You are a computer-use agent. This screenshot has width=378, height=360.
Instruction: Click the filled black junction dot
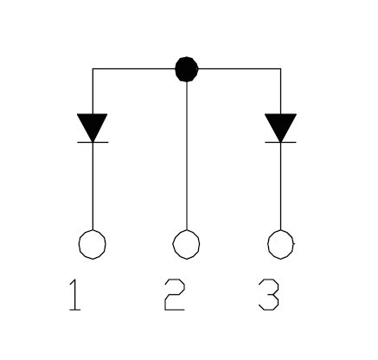187,69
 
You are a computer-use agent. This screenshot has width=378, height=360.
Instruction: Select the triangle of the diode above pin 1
93,126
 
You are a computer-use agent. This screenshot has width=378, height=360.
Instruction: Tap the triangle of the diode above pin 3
280,126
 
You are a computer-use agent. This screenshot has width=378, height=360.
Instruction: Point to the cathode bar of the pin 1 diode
93,142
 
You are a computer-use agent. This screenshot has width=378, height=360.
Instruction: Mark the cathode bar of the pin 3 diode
280,142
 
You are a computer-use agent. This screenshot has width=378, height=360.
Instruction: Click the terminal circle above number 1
93,231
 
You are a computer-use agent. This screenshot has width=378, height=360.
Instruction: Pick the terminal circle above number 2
186,231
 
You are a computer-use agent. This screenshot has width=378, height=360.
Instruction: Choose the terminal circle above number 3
281,231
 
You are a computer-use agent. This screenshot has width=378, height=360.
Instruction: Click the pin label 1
75,295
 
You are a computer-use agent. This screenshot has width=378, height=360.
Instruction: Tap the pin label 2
175,295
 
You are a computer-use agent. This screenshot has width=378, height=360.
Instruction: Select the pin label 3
269,295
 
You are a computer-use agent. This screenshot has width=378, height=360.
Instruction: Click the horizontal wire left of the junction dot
134,68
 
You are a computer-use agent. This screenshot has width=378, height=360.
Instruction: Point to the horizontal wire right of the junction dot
240,68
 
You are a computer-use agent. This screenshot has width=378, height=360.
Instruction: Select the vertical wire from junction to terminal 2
187,156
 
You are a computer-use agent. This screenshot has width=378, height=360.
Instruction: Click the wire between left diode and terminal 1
93,186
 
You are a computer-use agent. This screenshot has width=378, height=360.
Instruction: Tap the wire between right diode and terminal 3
280,186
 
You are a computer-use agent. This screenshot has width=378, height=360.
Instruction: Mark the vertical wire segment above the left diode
93,91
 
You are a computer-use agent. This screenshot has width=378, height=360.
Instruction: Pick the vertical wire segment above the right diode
280,91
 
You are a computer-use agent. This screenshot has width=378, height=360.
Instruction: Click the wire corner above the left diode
93,68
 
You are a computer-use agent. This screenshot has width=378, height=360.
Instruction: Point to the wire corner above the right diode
280,68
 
